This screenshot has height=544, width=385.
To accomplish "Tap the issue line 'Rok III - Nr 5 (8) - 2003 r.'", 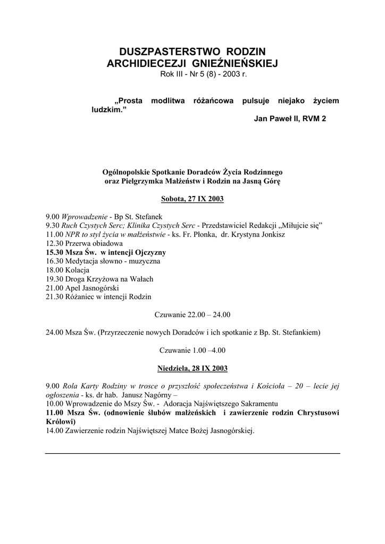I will pos(204,74).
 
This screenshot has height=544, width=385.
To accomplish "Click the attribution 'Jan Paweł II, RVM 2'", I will pos(290,118).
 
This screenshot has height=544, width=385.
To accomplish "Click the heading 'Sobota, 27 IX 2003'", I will pos(192,199).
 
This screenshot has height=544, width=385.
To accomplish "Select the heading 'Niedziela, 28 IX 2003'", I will pos(192,368).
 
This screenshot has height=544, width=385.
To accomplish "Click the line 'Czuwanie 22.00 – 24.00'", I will pos(192,314).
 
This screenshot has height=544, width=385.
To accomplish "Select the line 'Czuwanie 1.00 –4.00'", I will pos(192,350).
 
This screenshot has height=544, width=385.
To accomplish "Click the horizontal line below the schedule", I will pos(192,453).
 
